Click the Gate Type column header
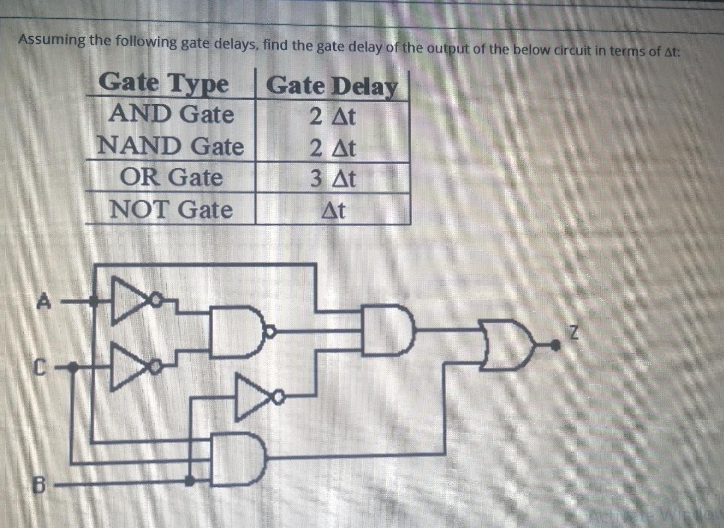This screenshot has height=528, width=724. point(164,83)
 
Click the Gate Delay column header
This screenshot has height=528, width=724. point(332,86)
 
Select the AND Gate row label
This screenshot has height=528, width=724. point(171,114)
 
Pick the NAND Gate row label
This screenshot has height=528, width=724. point(171,146)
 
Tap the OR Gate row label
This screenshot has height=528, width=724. point(171,178)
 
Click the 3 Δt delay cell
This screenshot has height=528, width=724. point(333,178)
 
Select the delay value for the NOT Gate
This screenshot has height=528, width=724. point(333,210)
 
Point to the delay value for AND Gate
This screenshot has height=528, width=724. point(333,117)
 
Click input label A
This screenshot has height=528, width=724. point(44,301)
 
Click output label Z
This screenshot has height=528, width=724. point(573,332)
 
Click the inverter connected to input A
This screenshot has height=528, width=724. point(131,300)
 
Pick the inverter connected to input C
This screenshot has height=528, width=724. point(130,366)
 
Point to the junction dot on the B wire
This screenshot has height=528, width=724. point(189,480)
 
